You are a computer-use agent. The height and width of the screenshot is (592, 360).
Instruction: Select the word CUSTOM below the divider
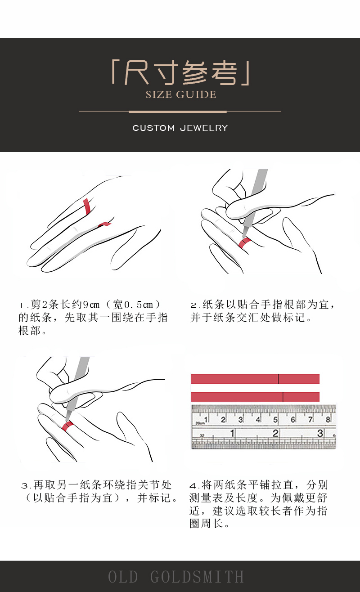153,128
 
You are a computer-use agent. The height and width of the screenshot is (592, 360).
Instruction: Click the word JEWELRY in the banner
204,128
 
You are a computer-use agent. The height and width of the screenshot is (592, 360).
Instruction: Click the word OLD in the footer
123,576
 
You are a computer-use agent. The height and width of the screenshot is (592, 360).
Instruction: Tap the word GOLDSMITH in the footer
197,576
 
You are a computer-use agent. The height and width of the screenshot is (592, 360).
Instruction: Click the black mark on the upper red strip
278,379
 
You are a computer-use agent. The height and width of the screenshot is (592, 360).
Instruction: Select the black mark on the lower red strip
283,397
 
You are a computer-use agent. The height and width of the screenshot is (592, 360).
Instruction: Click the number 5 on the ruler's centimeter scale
275,419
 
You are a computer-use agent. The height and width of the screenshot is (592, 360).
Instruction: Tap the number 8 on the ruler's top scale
328,419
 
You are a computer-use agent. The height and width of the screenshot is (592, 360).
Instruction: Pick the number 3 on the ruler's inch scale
320,433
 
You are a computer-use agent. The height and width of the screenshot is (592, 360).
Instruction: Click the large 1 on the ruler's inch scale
232,433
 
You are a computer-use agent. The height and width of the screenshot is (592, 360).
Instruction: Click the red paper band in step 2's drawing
244,242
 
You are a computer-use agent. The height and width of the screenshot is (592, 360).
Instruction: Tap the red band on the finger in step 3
67,426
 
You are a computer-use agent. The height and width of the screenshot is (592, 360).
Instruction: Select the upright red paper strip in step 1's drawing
87,206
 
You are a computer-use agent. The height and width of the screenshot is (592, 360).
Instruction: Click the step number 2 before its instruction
193,305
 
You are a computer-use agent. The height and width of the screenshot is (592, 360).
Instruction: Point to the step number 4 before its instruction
193,486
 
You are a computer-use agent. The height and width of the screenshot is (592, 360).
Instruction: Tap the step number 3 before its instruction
25,486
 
